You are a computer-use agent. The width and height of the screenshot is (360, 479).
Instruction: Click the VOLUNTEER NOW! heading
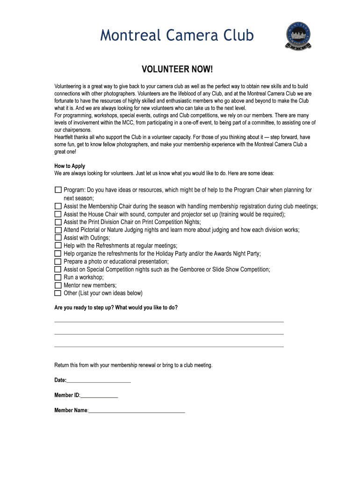tap(177, 70)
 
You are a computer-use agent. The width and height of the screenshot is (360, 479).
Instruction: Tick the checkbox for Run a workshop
tap(58, 277)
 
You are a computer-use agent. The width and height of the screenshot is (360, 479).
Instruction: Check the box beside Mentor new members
tap(58, 285)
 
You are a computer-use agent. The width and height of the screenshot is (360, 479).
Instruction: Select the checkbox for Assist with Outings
tap(58, 238)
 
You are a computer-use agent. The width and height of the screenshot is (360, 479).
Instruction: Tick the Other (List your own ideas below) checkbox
tap(58, 293)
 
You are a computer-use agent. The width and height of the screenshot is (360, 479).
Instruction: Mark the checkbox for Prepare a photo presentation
tap(58, 261)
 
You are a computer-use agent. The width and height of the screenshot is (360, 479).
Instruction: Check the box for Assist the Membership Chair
tap(58, 206)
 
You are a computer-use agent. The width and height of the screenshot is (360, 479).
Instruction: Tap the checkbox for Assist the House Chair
tap(58, 214)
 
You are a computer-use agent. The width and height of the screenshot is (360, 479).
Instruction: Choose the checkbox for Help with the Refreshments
tap(58, 246)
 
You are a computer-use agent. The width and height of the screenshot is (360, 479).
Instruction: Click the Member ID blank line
tap(99, 397)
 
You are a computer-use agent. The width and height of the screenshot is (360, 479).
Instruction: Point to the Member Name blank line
tap(137, 412)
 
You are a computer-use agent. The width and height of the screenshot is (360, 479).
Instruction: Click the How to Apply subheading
tap(70, 166)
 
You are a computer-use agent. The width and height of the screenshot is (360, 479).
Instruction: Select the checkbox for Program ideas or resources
tap(58, 190)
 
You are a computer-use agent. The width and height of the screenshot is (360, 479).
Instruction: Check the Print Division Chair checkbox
tap(58, 222)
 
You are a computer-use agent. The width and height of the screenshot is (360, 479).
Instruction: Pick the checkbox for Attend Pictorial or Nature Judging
tap(58, 230)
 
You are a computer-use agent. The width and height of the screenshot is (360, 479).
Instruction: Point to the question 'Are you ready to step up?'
tap(116, 307)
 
